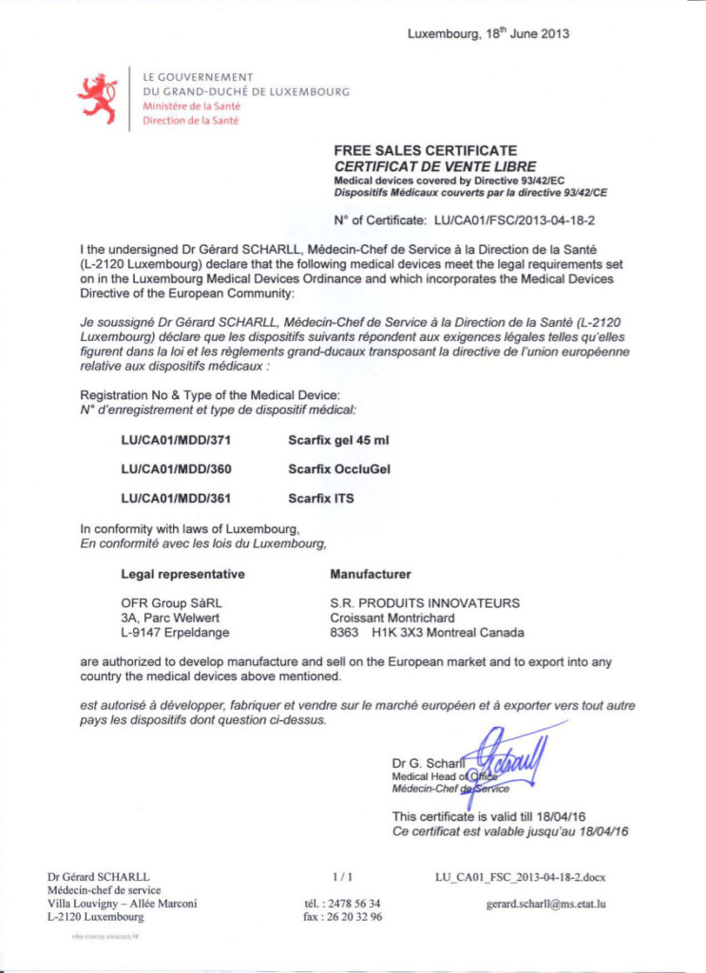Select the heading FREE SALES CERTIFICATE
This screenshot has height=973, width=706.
425,150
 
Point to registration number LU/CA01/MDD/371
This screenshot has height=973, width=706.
176,441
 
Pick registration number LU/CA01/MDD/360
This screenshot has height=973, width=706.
176,469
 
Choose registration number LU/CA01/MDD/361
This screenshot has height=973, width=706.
176,498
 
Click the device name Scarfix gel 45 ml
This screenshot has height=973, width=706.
338,441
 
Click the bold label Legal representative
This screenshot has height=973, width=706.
182,574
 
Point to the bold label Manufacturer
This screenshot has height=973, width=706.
370,574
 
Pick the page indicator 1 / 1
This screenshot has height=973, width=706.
343,876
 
